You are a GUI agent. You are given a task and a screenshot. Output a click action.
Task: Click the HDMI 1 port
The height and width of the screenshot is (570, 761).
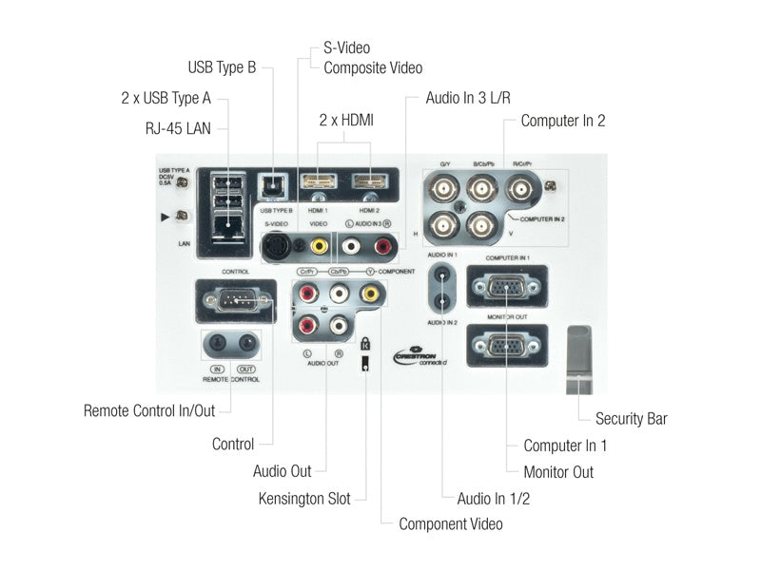click(x=318, y=181)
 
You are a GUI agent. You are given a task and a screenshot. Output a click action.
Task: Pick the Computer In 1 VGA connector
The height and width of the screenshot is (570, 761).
click(x=506, y=288)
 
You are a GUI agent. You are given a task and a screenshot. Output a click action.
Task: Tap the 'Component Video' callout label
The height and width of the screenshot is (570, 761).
click(x=450, y=523)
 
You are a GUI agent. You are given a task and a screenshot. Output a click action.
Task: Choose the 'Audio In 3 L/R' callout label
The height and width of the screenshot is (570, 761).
click(x=475, y=97)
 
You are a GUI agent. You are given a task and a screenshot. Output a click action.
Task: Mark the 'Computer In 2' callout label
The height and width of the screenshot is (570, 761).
click(x=563, y=121)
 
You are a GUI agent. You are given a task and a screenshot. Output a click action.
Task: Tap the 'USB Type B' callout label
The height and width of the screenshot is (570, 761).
click(x=222, y=67)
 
